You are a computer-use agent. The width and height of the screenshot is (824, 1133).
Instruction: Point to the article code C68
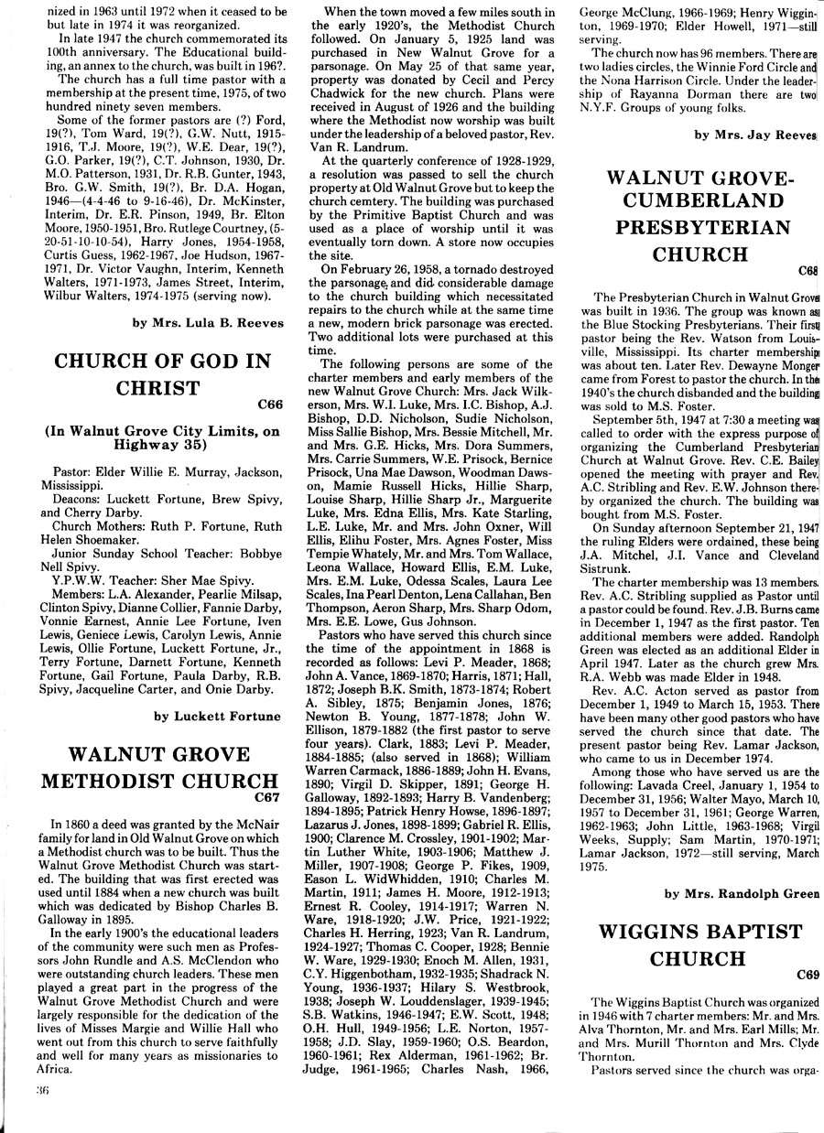point(808,271)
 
